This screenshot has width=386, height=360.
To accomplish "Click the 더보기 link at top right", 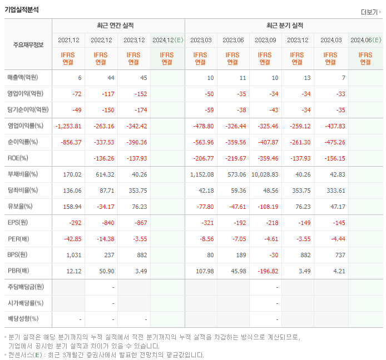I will coord(370,12).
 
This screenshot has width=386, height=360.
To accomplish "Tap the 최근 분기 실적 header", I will coord(284,26).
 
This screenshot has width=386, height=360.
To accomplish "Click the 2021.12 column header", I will coord(68,40).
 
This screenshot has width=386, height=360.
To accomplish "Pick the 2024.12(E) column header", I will coord(167,40).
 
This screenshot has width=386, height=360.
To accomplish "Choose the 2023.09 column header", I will coord(266,40).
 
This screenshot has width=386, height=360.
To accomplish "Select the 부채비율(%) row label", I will coord(22,174).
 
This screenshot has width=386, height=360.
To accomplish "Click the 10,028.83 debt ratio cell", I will coord(265,174).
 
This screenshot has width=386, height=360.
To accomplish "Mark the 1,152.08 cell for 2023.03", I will coord(201,174).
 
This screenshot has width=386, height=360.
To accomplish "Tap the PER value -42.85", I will coord(72,239).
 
